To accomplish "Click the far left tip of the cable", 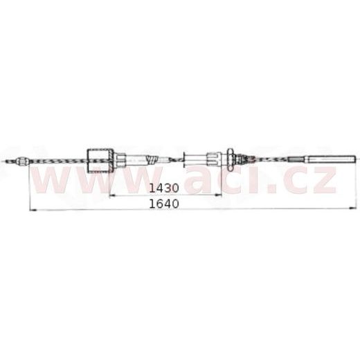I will tap(5, 164).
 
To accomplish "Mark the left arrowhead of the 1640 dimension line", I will tap(30, 208).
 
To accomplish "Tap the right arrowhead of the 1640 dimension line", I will tap(354, 208).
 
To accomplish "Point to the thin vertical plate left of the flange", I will tap(183, 160).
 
